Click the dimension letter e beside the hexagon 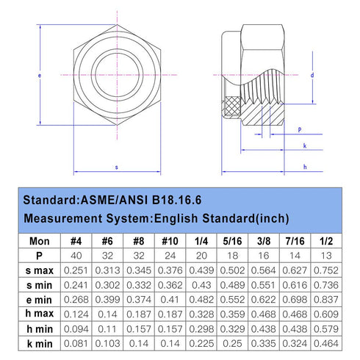pos(40,76)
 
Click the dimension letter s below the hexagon pos(117,168)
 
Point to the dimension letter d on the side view pos(312,75)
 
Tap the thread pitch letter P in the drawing pos(300,130)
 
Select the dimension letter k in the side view pos(305,145)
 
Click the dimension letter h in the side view pos(305,167)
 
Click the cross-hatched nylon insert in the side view pos(232,106)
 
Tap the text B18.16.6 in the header pos(176,200)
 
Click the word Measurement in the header pos(63,218)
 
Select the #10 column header pos(170,241)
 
